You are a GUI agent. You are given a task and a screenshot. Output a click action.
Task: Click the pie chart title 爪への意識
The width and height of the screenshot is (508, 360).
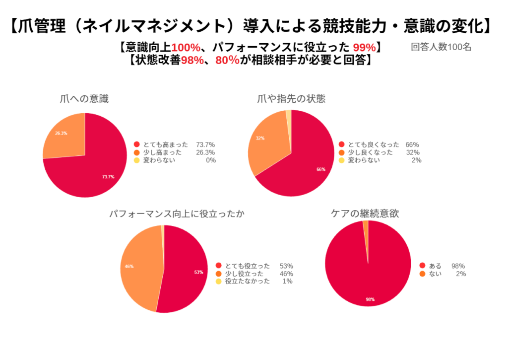pos(83,99)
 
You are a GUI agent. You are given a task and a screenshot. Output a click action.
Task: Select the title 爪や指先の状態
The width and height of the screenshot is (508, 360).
pos(292,98)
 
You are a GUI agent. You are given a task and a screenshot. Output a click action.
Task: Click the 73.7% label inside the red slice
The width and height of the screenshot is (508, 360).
pos(108,176)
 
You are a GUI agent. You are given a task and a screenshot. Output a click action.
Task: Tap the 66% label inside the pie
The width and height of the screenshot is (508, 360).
pos(320,169)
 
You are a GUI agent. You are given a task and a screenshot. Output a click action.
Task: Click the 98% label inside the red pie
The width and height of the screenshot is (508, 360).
pos(370,299)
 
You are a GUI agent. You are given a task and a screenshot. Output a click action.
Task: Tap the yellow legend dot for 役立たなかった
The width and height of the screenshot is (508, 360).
pos(219,281)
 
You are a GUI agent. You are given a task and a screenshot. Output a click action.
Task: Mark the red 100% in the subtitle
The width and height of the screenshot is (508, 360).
pos(186,48)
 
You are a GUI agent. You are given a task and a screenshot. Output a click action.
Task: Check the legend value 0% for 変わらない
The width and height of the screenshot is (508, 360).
pos(210,160)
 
